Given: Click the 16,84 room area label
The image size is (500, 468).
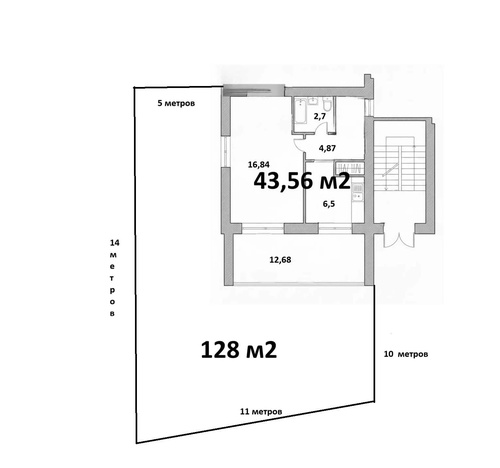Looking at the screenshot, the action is point(259,164).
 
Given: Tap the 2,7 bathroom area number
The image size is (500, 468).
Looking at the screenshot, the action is point(320,116).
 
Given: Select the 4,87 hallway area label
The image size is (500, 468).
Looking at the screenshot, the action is point(327,148).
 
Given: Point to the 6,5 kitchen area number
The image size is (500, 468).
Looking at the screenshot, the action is point(329,204).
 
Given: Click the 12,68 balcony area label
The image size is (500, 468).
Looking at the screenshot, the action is point(280,259).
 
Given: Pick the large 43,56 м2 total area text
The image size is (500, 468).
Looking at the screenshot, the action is point(302,181).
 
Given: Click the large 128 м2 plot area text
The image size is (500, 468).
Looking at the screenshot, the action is point(239,350).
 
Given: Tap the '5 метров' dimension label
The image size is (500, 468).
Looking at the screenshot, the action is point(176,103).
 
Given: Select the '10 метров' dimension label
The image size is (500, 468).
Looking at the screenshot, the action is point(406,354).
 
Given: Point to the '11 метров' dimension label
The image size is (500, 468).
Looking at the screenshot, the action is point(261,412).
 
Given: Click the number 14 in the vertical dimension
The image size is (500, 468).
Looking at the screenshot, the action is point(115,243).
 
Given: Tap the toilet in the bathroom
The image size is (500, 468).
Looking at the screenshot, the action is point(328,105).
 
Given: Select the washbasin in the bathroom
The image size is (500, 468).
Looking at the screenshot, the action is point(314,101).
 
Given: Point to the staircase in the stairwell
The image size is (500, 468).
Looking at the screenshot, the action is point(399,163).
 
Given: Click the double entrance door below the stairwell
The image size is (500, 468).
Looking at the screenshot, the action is point(399,236).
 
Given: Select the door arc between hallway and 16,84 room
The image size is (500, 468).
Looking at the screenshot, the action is point(299,146).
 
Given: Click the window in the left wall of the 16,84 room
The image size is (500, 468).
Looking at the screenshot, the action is point(225,152).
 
